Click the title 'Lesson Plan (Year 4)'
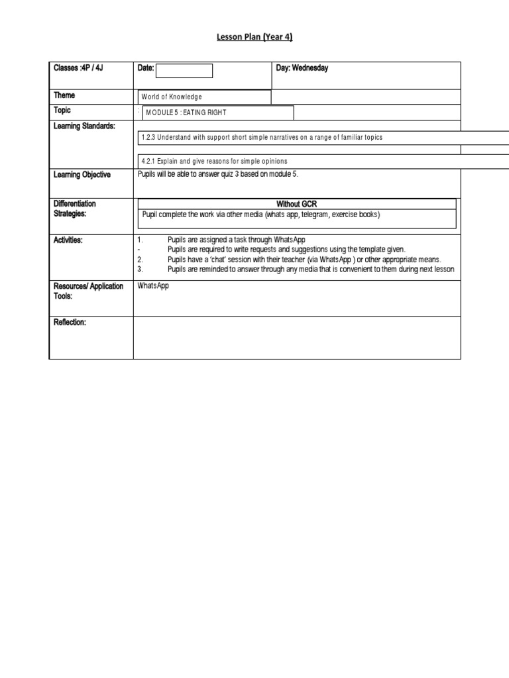[254, 38]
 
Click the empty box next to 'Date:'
[184, 71]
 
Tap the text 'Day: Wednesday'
[302, 68]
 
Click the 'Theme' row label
[64, 95]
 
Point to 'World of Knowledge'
[172, 97]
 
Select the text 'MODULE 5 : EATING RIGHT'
[185, 113]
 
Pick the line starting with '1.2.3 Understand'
[262, 137]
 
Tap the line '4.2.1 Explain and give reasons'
[214, 162]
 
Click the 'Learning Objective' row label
[82, 175]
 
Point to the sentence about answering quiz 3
[213, 175]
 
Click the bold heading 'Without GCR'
[296, 204]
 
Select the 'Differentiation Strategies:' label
[74, 209]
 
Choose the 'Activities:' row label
[68, 240]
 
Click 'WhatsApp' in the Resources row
[152, 287]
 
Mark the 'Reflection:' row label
[70, 322]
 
